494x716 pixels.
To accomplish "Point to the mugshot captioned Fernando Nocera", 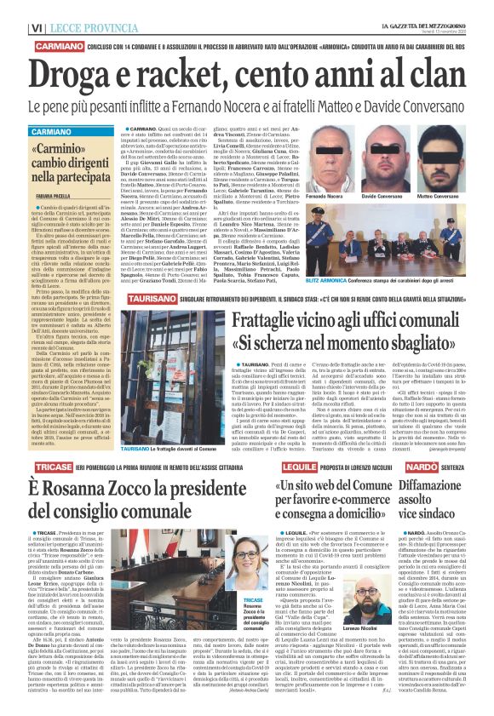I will point(353,161).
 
